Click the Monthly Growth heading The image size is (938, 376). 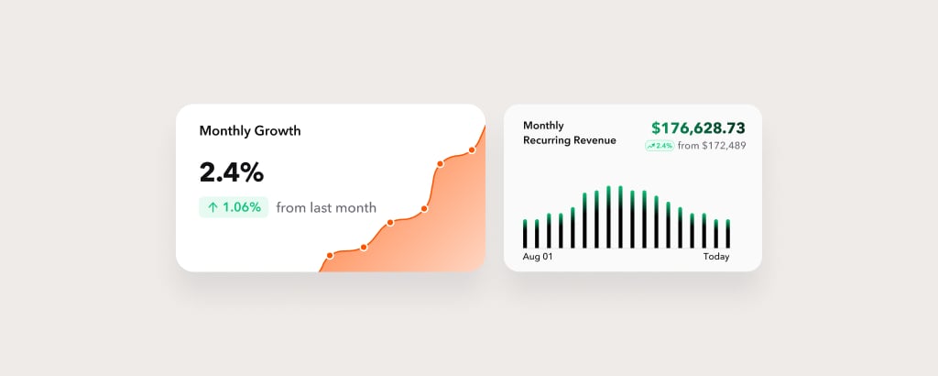click(250, 130)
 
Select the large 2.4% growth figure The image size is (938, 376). click(232, 172)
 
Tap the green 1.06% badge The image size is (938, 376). click(234, 207)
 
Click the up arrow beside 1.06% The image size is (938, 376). click(213, 207)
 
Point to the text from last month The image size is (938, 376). click(326, 208)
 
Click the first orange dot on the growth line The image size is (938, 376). click(330, 256)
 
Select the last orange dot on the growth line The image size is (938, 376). click(472, 150)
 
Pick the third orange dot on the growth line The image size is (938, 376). click(390, 223)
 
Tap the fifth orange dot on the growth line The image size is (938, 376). click(441, 163)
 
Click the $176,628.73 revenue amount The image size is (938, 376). click(699, 128)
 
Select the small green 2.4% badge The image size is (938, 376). click(660, 146)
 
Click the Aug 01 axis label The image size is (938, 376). click(538, 257)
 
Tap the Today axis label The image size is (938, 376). click(716, 257)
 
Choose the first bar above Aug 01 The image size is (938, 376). click(525, 234)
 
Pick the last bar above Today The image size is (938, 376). click(728, 234)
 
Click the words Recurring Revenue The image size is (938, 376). click(570, 140)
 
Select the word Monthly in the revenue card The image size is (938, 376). click(543, 126)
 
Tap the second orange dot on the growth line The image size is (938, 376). click(364, 248)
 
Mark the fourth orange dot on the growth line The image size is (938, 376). click(424, 209)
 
